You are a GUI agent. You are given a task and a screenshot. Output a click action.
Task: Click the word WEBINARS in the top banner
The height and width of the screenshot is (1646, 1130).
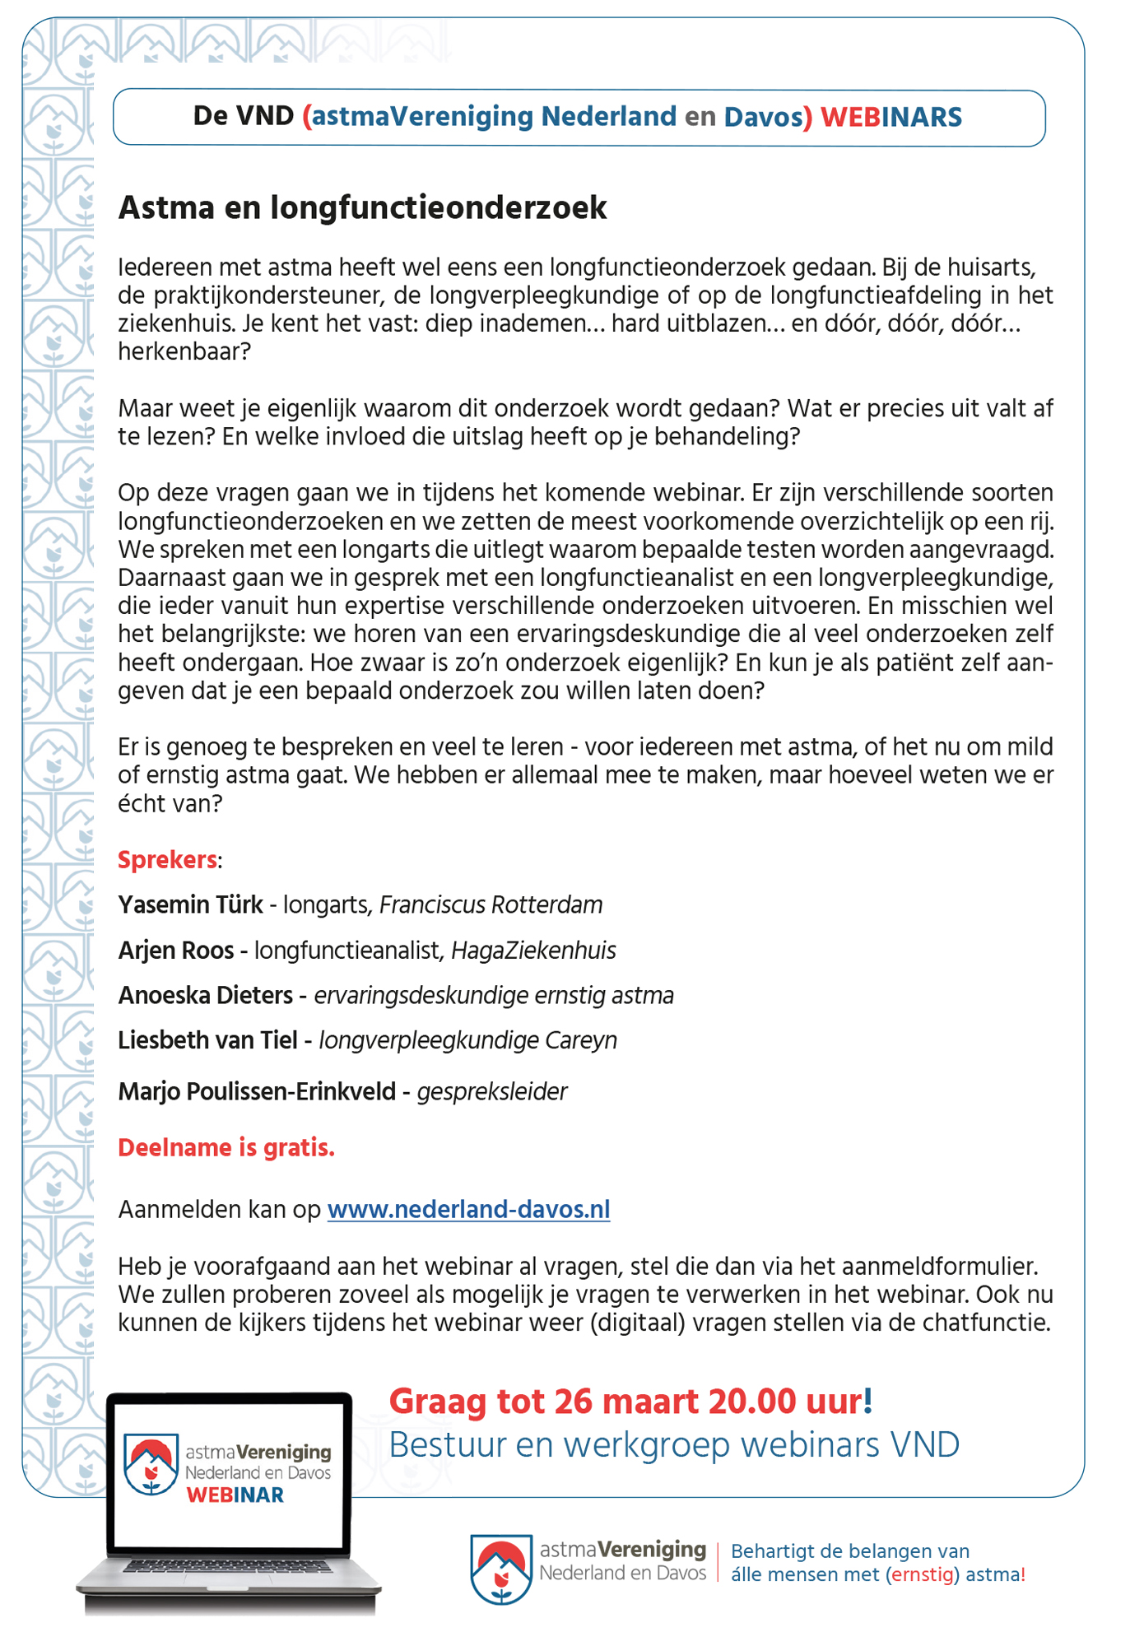tap(891, 117)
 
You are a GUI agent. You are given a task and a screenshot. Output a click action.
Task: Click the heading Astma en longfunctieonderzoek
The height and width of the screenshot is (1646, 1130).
tap(362, 207)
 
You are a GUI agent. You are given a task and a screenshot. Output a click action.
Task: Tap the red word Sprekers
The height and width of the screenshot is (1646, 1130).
tap(167, 859)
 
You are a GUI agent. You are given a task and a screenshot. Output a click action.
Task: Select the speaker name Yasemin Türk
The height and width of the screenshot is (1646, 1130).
tap(190, 904)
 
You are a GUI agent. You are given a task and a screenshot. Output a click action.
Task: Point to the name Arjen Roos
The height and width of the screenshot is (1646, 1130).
tap(176, 951)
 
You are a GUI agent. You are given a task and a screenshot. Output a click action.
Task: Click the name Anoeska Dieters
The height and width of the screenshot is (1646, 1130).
tap(205, 995)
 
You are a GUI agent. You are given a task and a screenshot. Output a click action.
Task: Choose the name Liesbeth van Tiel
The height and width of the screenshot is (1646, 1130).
tap(207, 1040)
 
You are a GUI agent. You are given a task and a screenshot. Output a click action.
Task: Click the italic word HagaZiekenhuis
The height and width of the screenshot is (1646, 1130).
tap(533, 951)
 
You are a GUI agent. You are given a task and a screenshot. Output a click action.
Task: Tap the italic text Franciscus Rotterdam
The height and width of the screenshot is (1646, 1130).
tap(491, 904)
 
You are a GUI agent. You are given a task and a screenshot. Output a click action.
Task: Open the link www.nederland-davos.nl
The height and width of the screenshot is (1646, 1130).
tap(468, 1209)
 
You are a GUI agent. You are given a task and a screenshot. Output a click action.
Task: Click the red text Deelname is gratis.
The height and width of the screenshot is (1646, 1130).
tap(226, 1147)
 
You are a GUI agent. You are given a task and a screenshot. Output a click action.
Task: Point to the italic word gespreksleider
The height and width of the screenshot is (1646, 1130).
tap(492, 1091)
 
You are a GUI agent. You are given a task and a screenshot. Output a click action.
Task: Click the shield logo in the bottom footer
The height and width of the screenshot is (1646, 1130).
tap(500, 1569)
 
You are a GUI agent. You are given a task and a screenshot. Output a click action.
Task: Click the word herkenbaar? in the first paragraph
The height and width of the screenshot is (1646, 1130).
tap(184, 352)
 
